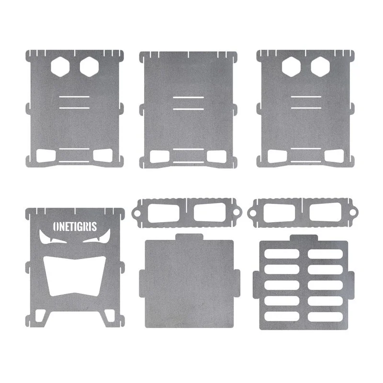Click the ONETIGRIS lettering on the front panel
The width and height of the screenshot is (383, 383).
[x=75, y=226]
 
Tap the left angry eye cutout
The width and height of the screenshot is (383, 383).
[x=52, y=237]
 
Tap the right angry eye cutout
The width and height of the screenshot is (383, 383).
[x=98, y=237]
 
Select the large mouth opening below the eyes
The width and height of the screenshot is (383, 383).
[x=75, y=276]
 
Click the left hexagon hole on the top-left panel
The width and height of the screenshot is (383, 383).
[x=60, y=67]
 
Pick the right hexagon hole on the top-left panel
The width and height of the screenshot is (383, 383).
[x=89, y=67]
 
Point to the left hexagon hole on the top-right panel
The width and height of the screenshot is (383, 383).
[x=291, y=67]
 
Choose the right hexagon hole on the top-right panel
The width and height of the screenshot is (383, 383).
[x=320, y=67]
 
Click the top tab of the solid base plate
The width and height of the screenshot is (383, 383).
[x=189, y=237]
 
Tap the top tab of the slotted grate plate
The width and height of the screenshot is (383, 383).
[x=304, y=238]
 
